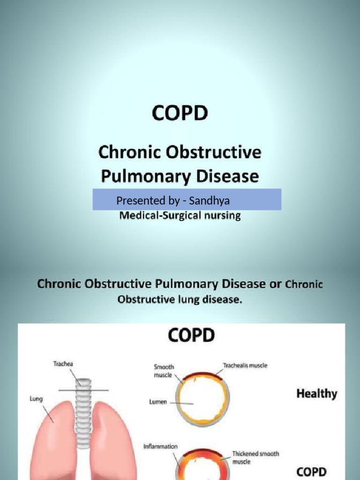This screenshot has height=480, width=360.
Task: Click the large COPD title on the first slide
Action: pyautogui.click(x=180, y=114)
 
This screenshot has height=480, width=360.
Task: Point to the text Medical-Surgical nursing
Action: pyautogui.click(x=180, y=216)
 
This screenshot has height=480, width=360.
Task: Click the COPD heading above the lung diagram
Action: pyautogui.click(x=191, y=336)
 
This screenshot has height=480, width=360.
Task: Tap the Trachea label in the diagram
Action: pyautogui.click(x=64, y=364)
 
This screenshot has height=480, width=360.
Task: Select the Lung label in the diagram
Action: pyautogui.click(x=36, y=399)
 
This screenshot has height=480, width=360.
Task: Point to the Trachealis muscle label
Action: pyautogui.click(x=245, y=366)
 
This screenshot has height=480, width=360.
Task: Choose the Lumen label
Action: pyautogui.click(x=158, y=402)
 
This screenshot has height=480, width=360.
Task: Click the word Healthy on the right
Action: pyautogui.click(x=316, y=394)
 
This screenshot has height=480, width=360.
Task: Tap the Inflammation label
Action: pyautogui.click(x=160, y=447)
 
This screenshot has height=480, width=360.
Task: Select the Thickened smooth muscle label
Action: pyautogui.click(x=255, y=457)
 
